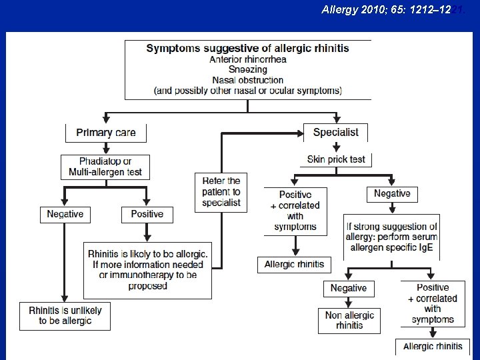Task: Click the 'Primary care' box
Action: (x=105, y=133)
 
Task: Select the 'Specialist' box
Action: (x=335, y=132)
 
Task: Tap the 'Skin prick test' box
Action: (x=336, y=160)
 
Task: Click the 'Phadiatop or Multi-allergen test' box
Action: (x=105, y=167)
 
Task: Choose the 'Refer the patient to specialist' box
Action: (x=221, y=193)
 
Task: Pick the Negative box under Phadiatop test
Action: (x=65, y=214)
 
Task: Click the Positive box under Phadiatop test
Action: (x=147, y=214)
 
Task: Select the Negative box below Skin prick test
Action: (x=392, y=193)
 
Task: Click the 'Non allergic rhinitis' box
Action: (x=349, y=320)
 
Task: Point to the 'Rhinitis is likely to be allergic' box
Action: (x=147, y=270)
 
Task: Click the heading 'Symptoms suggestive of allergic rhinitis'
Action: (x=247, y=49)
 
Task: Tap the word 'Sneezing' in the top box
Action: (x=247, y=69)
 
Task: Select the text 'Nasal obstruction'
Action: (x=247, y=80)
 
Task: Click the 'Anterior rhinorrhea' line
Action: (x=247, y=59)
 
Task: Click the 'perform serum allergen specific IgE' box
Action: (x=391, y=237)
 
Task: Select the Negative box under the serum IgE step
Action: (x=349, y=288)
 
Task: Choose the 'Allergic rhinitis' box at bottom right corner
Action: (x=433, y=346)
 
